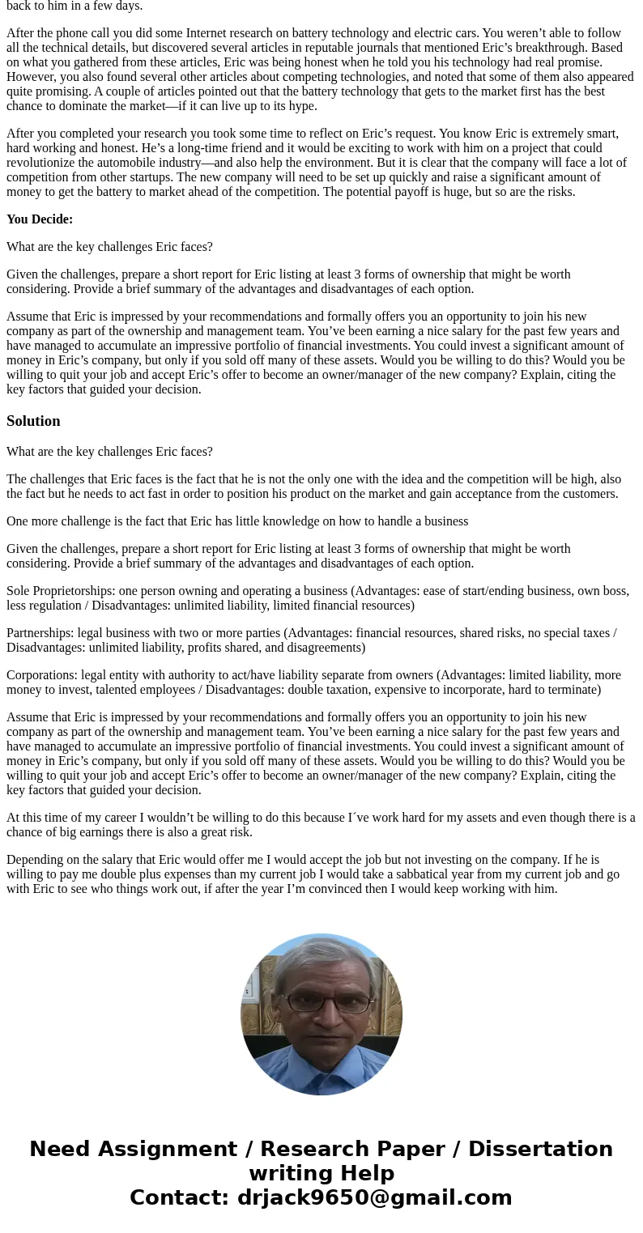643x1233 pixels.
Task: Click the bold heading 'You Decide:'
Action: point(40,219)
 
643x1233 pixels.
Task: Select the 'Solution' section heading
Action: point(33,421)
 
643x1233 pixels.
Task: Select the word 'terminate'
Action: point(571,690)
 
